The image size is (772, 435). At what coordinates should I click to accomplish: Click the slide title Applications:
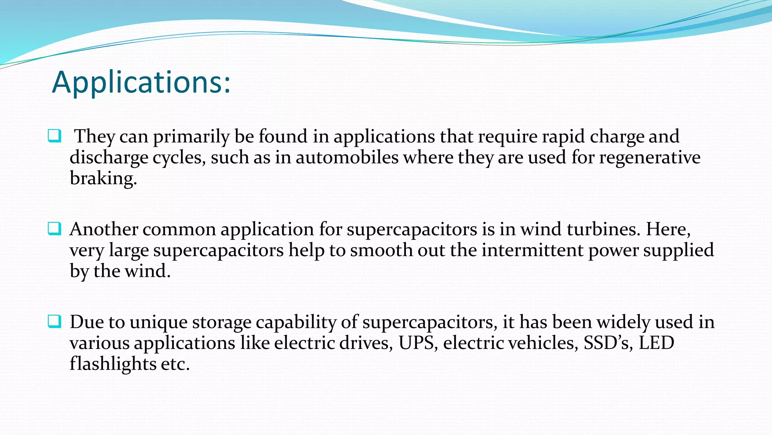pyautogui.click(x=141, y=82)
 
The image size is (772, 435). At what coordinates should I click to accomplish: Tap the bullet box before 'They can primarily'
pyautogui.click(x=54, y=136)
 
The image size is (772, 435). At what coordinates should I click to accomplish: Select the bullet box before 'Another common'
pyautogui.click(x=54, y=229)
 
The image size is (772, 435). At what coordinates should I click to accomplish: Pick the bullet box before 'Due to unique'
pyautogui.click(x=54, y=322)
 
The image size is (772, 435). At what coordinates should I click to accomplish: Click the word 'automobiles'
pyautogui.click(x=347, y=157)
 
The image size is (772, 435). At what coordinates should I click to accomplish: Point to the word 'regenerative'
pyautogui.click(x=649, y=157)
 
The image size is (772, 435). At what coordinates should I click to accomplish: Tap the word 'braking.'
pyautogui.click(x=103, y=178)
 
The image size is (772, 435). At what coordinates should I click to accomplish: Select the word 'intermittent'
pyautogui.click(x=532, y=250)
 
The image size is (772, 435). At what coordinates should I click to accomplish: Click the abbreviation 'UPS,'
pyautogui.click(x=418, y=343)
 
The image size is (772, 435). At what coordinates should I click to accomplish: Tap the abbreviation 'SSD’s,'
pyautogui.click(x=608, y=343)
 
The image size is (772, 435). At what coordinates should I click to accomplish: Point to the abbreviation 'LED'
pyautogui.click(x=656, y=343)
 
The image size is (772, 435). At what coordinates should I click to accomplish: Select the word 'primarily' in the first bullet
pyautogui.click(x=191, y=137)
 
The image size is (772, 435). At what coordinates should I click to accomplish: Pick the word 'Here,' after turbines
pyautogui.click(x=668, y=229)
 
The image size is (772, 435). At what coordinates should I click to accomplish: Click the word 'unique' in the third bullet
pyautogui.click(x=158, y=322)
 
